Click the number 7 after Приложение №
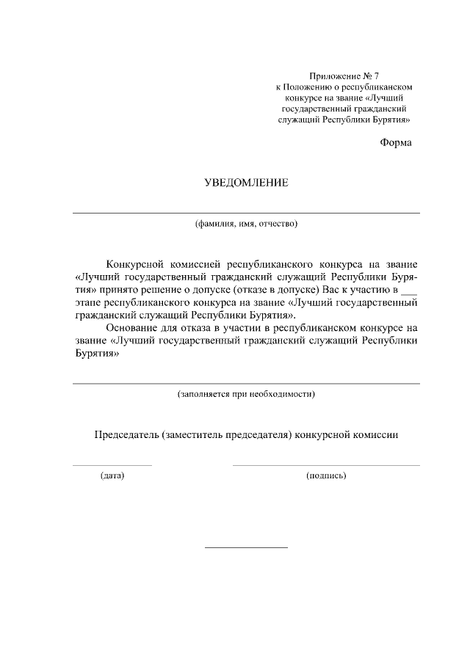point(376,76)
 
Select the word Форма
point(396,142)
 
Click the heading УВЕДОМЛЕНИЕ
point(246,183)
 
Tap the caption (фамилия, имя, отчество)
point(246,224)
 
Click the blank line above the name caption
point(246,213)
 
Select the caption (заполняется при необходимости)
point(246,394)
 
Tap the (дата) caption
point(112,475)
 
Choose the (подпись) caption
point(326,475)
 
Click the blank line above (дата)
point(112,465)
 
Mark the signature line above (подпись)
point(326,465)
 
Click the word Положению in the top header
point(306,86)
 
